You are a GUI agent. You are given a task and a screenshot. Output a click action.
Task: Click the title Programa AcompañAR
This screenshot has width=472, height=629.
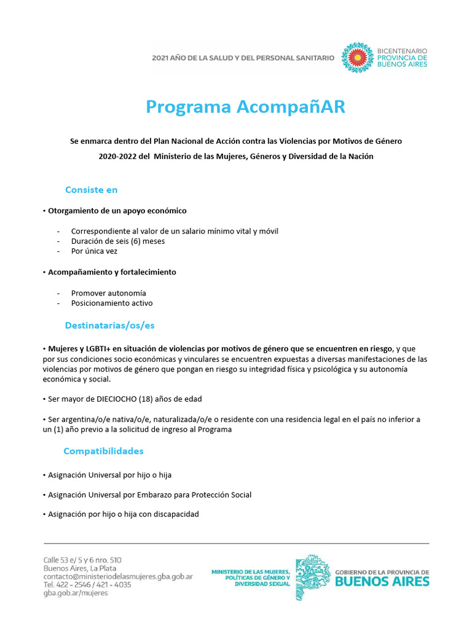pos(245,107)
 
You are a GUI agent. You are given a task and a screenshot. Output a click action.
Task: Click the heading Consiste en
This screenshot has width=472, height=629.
pos(91,190)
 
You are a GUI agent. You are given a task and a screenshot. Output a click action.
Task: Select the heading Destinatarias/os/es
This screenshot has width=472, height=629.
pos(109,325)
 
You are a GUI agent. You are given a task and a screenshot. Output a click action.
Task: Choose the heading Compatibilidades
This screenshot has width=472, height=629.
pos(103,451)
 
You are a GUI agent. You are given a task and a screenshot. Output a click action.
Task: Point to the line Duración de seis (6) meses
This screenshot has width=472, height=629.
pos(117,241)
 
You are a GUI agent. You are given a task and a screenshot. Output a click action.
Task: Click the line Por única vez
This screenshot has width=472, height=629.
pos(94,251)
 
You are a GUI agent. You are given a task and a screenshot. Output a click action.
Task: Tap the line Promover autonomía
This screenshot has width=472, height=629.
pos(108,293)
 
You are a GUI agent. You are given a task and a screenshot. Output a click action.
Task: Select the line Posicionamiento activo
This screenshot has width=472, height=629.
pos(112,303)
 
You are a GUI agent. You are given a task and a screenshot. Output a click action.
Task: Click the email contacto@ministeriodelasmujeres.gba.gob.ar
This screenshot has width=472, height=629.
pos(118,577)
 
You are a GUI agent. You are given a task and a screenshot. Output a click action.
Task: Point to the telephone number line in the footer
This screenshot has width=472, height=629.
pos(87,585)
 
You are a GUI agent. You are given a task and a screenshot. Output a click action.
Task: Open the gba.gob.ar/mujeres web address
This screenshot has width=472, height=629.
pos(76,593)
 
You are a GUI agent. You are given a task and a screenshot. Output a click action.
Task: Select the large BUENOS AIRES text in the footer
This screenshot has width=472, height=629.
pos(382,582)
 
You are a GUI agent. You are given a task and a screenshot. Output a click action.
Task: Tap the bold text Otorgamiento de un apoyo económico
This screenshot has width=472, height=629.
pos(117,211)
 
